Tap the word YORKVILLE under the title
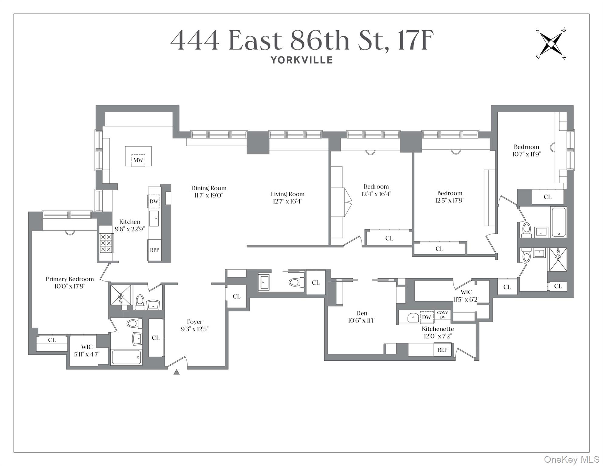click(302, 60)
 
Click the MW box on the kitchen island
click(138, 160)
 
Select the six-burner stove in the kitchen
click(106, 243)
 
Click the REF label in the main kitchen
click(154, 250)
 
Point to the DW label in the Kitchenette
click(426, 317)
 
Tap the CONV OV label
click(443, 315)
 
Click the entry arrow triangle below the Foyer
click(177, 372)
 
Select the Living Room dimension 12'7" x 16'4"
click(288, 201)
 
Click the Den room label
click(362, 313)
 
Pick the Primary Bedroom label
click(70, 279)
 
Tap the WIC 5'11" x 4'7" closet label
click(87, 350)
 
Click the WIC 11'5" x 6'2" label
click(466, 295)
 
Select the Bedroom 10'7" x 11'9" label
click(526, 150)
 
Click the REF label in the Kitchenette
click(442, 350)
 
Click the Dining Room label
click(209, 188)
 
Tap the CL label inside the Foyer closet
click(156, 338)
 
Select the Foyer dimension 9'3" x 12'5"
click(195, 329)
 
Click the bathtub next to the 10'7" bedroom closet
click(558, 222)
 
